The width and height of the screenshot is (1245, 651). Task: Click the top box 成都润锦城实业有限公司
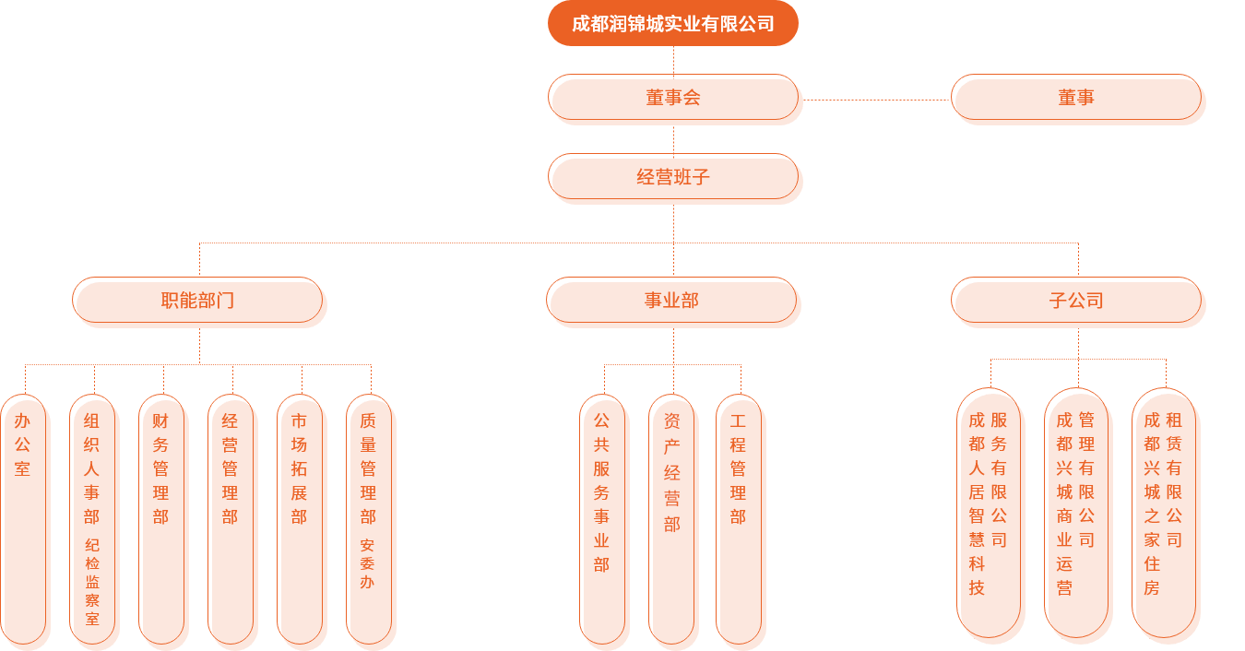(672, 24)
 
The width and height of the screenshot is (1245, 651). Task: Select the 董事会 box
(673, 98)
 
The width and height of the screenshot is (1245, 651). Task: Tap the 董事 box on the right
(1076, 98)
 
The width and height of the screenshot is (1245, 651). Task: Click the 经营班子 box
(673, 176)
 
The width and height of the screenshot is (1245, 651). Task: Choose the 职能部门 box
(197, 300)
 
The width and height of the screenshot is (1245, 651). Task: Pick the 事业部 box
(671, 300)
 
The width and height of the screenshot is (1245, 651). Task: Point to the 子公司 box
(1076, 300)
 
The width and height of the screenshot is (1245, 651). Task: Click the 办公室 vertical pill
(23, 516)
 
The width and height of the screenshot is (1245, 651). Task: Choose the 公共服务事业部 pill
(602, 516)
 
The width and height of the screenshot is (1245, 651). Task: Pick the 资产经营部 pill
(671, 516)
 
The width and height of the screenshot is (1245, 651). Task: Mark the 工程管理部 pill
(738, 516)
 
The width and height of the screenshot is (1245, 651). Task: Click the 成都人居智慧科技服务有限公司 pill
(989, 512)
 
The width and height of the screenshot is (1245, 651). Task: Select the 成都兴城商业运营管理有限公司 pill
(1076, 512)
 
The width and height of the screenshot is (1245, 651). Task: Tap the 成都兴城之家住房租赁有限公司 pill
(1164, 512)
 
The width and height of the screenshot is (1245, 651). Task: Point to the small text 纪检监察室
(92, 582)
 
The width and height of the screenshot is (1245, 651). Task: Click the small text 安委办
(368, 563)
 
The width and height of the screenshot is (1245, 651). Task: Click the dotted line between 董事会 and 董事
(876, 100)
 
